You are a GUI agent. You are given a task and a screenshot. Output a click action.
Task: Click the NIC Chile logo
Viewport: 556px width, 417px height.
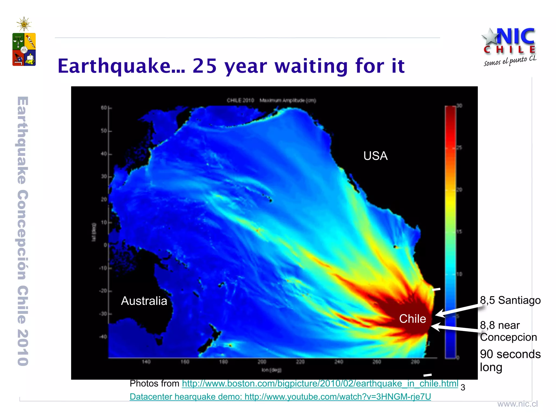pyautogui.click(x=509, y=46)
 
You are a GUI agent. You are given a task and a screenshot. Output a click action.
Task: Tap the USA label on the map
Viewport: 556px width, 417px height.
pyautogui.click(x=375, y=156)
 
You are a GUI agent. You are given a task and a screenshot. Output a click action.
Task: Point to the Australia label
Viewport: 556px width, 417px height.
pyautogui.click(x=144, y=301)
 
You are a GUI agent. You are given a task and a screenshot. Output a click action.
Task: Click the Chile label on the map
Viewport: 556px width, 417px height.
pyautogui.click(x=412, y=319)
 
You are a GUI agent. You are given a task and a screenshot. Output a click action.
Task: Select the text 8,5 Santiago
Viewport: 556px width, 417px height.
pyautogui.click(x=510, y=300)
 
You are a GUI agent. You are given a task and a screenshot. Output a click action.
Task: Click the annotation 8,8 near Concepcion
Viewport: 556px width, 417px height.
pyautogui.click(x=508, y=331)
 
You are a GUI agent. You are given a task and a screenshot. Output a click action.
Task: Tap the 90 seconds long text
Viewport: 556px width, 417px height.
pyautogui.click(x=510, y=361)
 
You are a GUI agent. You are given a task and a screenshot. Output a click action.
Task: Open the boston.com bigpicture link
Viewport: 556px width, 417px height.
pyautogui.click(x=320, y=384)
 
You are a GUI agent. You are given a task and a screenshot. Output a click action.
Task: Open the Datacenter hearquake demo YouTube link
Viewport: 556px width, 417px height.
pyautogui.click(x=280, y=397)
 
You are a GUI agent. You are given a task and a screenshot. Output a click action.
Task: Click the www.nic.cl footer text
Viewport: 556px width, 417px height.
pyautogui.click(x=517, y=404)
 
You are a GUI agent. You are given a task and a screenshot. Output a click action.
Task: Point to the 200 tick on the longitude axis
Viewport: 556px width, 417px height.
pyautogui.click(x=262, y=362)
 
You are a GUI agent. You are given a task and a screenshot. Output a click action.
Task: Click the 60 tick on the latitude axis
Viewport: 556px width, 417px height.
pyautogui.click(x=104, y=108)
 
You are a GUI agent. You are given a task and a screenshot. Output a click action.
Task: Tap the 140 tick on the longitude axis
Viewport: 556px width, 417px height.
pyautogui.click(x=146, y=362)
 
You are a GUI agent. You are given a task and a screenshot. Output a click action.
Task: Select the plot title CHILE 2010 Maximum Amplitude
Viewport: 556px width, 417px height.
pyautogui.click(x=271, y=100)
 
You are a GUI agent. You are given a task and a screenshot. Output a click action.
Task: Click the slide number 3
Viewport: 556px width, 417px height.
pyautogui.click(x=463, y=387)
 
